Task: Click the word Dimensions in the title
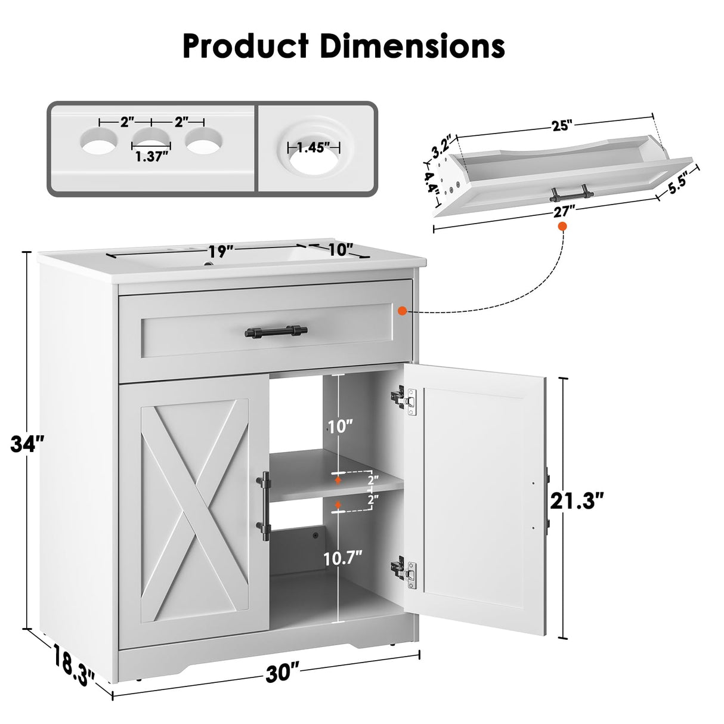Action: pos(411,46)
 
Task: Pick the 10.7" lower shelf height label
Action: pos(343,558)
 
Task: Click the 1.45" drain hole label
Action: pos(314,147)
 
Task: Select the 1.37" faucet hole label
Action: pos(151,156)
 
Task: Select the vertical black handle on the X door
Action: pos(265,502)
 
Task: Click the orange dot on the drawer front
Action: pos(403,310)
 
